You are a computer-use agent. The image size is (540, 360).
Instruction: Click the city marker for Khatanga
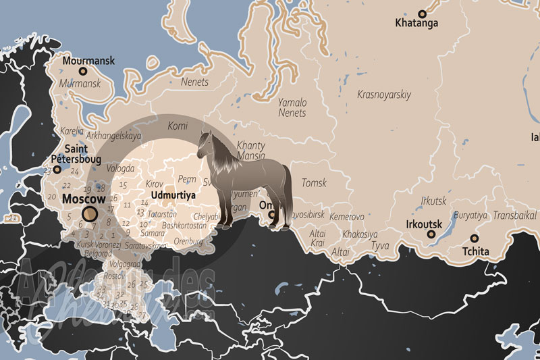click(x=423, y=14)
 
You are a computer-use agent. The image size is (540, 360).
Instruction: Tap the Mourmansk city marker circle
click(x=83, y=71)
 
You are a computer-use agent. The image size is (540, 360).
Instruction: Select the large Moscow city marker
click(x=90, y=214)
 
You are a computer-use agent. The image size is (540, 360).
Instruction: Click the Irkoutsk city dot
click(x=431, y=234)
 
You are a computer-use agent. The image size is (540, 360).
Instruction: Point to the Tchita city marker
click(x=475, y=238)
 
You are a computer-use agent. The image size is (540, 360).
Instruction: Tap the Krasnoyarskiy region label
click(x=384, y=95)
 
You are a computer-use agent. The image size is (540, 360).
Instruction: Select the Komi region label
click(x=177, y=126)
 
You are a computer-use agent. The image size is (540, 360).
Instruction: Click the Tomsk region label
click(x=314, y=183)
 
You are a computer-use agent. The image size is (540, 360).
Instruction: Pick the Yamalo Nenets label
click(x=292, y=107)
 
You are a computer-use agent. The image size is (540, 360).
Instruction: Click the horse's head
click(x=205, y=143)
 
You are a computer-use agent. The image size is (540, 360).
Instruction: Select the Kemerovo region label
click(x=347, y=217)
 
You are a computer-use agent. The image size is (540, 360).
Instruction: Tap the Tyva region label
click(x=380, y=246)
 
